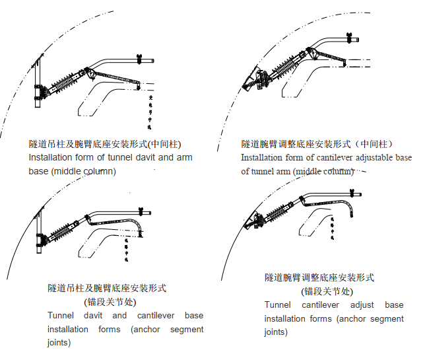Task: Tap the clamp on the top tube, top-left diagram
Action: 139,61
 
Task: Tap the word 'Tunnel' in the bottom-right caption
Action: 278,305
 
